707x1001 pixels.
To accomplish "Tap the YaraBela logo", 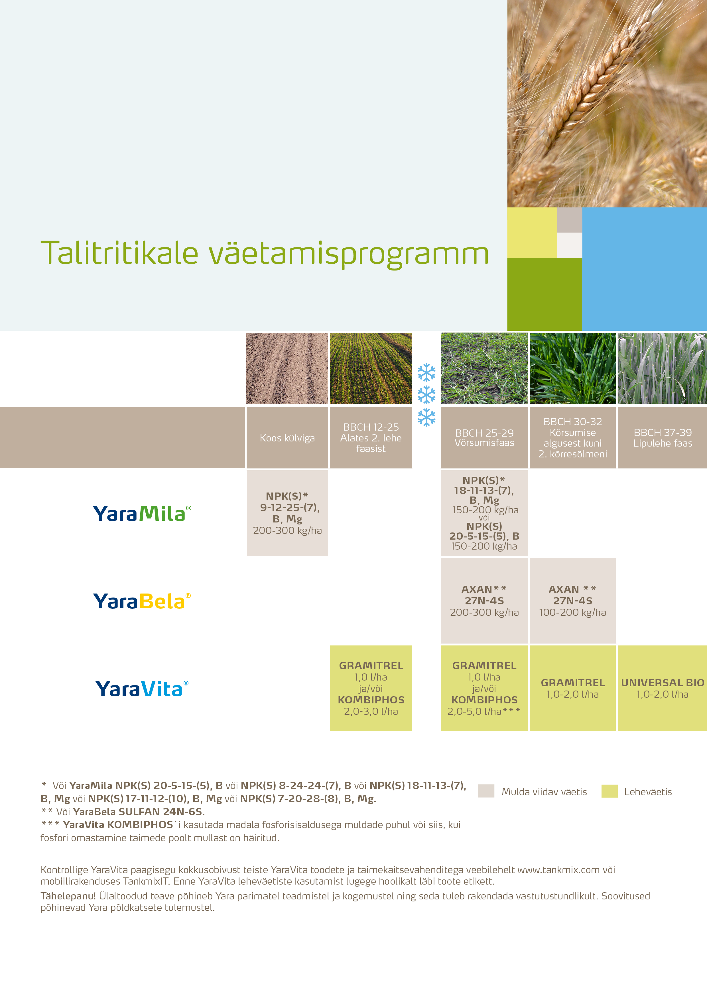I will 142,601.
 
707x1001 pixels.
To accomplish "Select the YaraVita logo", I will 142,689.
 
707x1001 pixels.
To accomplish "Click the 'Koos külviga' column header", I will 287,438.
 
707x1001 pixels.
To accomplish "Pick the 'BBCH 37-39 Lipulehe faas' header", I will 662,438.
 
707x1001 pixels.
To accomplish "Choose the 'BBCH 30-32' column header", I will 572,438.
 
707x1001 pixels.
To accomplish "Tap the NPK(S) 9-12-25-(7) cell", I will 287,513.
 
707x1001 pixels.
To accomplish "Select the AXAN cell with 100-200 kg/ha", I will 572,600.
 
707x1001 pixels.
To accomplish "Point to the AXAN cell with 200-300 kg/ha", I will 484,600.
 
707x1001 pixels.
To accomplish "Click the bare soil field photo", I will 287,368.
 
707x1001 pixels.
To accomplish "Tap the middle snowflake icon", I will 426,395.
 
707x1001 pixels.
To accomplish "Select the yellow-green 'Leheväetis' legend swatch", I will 610,791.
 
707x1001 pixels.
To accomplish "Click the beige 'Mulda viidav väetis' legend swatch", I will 486,791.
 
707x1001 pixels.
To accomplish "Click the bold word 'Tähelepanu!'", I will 68,896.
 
